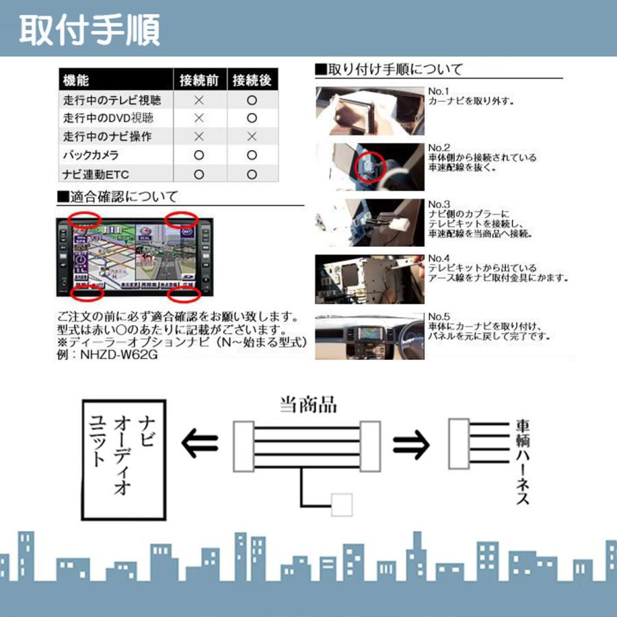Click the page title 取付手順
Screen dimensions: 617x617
(90, 29)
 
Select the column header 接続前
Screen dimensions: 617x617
(199, 80)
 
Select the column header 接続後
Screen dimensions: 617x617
(252, 80)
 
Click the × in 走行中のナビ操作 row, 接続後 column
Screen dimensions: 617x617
(252, 137)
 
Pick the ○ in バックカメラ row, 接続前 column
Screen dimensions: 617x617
(199, 156)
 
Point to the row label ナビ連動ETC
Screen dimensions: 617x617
(95, 174)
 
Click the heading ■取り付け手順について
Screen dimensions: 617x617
(389, 69)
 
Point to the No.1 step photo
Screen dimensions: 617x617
(369, 109)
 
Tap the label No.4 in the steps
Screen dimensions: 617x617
(438, 260)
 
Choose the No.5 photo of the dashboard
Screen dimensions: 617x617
(369, 337)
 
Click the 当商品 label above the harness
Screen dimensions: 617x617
(308, 404)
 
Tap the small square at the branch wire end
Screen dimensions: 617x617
(341, 505)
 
